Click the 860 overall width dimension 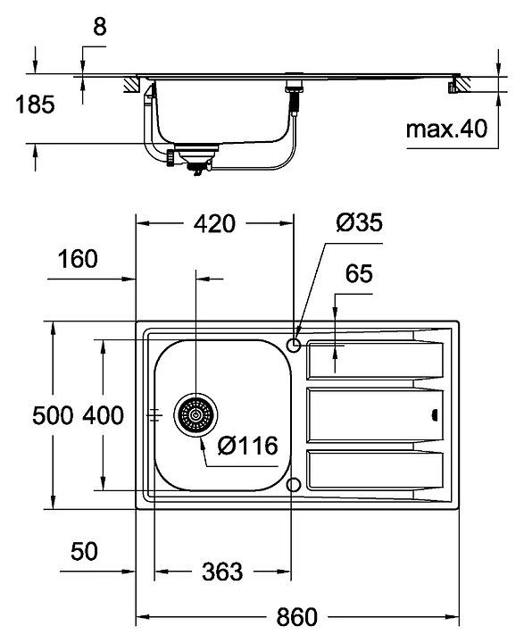[x=297, y=616]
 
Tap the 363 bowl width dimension [x=222, y=572]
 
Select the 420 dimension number [x=214, y=223]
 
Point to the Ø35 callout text [x=359, y=222]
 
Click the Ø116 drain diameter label [x=247, y=446]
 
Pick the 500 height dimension [x=53, y=415]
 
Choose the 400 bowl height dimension [x=103, y=415]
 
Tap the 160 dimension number [x=78, y=259]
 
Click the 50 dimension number [x=84, y=551]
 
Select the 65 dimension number [x=359, y=273]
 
